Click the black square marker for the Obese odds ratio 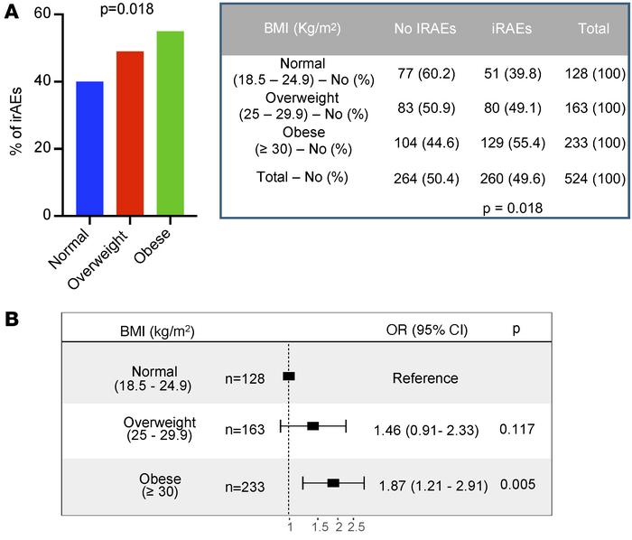(333, 484)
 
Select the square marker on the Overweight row (313, 425)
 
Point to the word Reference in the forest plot (425, 378)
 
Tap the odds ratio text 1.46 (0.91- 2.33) (425, 432)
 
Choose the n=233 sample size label (246, 485)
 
